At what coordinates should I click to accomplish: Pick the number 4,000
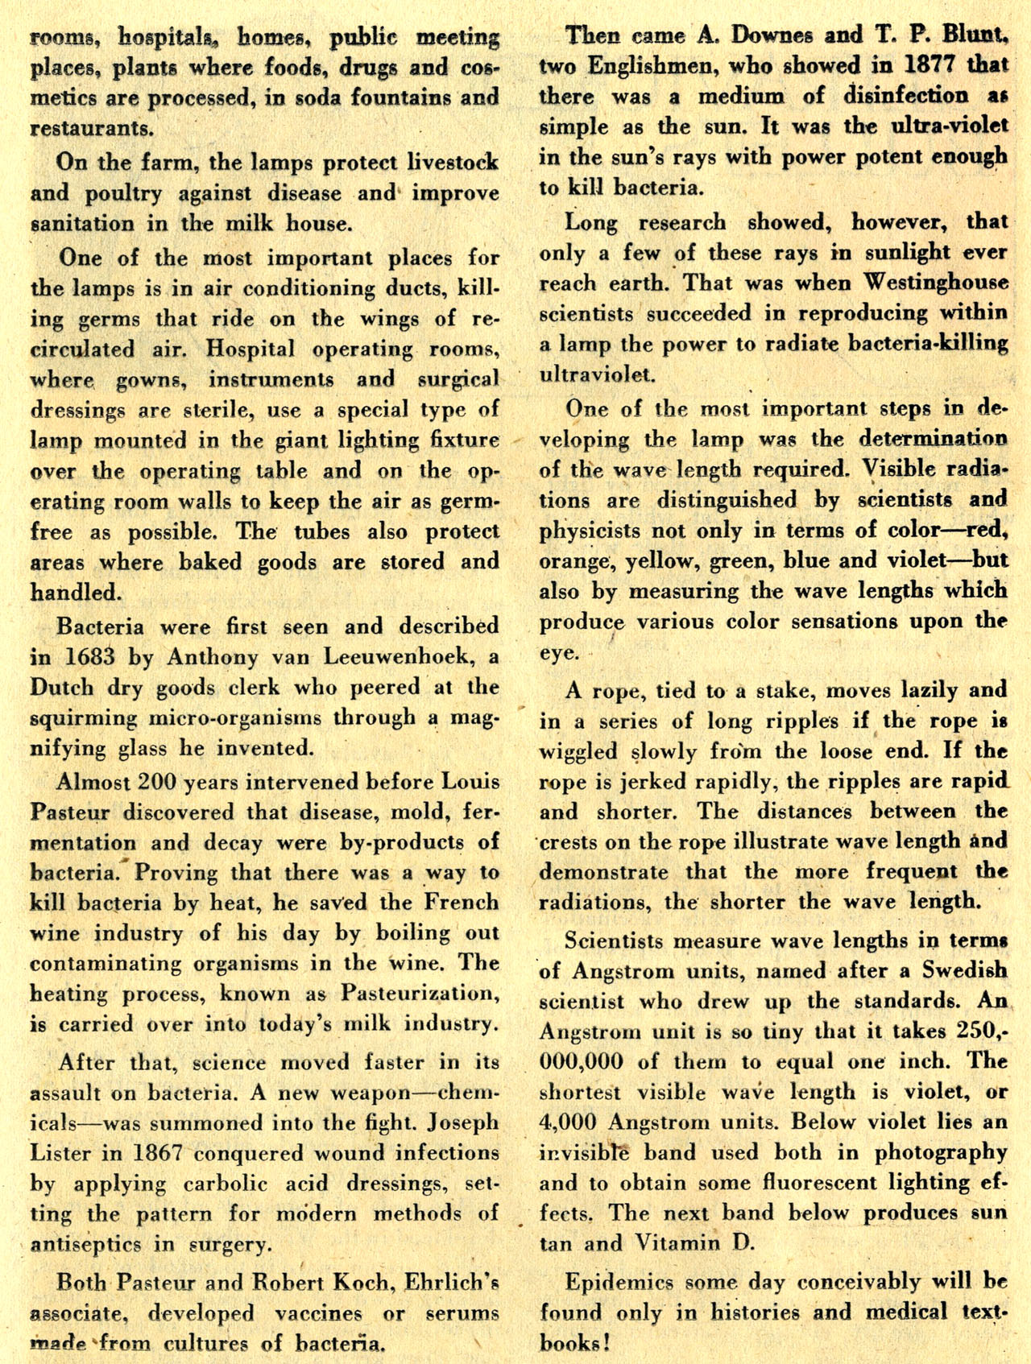[x=569, y=1122]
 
